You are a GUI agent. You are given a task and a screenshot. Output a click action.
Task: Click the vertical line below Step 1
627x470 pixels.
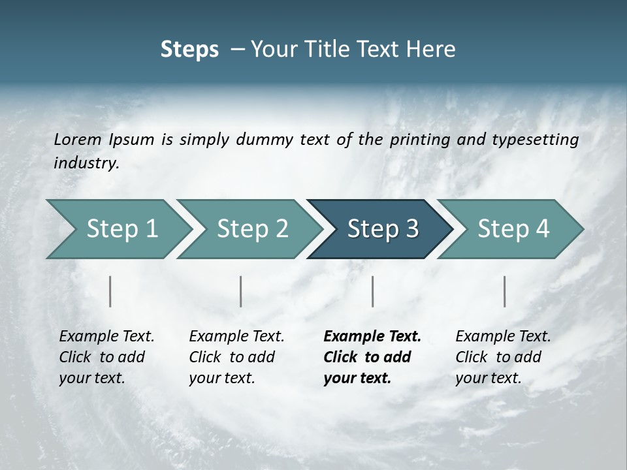pyautogui.click(x=110, y=291)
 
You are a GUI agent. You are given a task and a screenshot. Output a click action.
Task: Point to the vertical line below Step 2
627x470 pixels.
pyautogui.click(x=241, y=291)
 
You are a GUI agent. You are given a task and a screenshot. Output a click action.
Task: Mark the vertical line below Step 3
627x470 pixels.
pyautogui.click(x=372, y=291)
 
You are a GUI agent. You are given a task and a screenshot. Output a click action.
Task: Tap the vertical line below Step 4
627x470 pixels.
pyautogui.click(x=505, y=291)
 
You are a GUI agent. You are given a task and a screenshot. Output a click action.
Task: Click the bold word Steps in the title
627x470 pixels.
pyautogui.click(x=189, y=50)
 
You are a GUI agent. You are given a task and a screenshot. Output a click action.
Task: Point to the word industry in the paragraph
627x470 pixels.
pyautogui.click(x=86, y=163)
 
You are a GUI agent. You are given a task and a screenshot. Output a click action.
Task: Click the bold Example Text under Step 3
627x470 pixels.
pyautogui.click(x=372, y=337)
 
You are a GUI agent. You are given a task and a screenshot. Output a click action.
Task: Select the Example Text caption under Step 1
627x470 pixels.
pyautogui.click(x=106, y=337)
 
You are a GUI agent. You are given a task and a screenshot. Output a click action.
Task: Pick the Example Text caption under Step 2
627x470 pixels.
pyautogui.click(x=236, y=337)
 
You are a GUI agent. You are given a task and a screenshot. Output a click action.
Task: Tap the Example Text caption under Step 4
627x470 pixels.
pyautogui.click(x=503, y=337)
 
